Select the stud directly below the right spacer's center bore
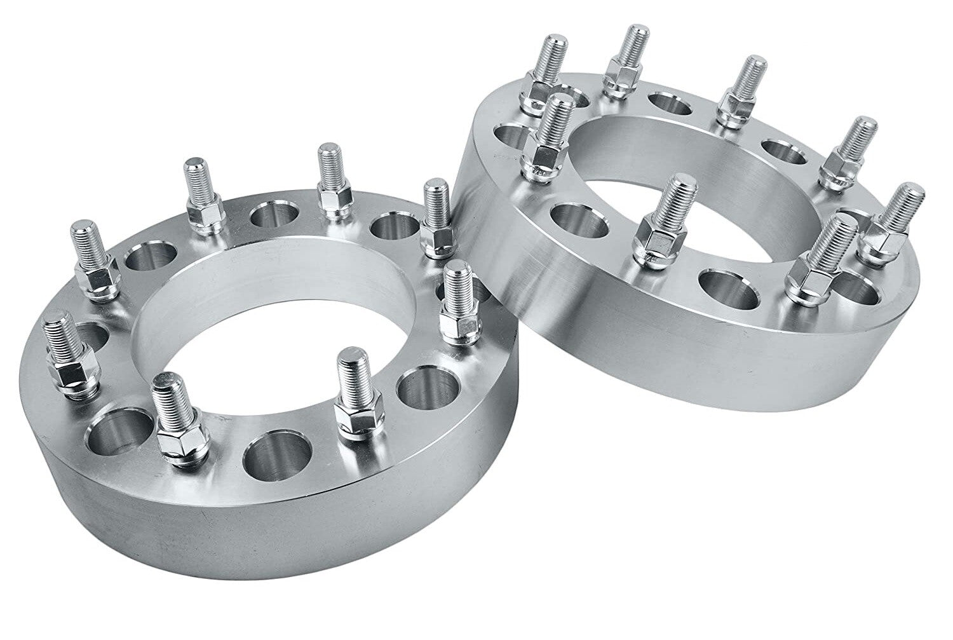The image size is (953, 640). coord(667,216)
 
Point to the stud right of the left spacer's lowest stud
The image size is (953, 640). coord(351,394)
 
